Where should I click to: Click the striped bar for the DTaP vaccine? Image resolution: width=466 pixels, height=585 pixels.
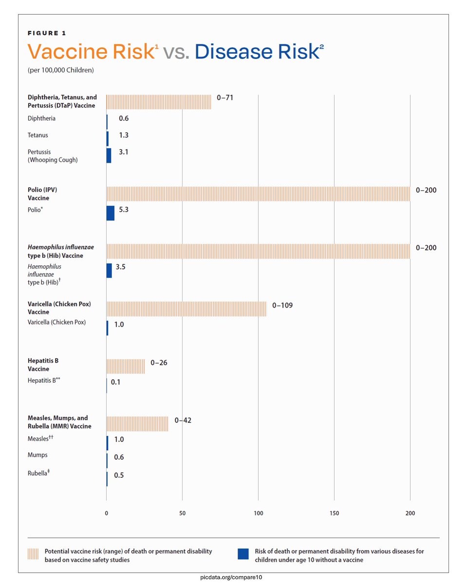[x=159, y=102]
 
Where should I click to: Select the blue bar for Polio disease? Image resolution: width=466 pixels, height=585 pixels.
[x=110, y=213]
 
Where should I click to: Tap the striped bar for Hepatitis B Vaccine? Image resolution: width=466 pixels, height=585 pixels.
[x=126, y=366]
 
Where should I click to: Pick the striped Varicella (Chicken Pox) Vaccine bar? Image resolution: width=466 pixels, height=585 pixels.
[x=186, y=309]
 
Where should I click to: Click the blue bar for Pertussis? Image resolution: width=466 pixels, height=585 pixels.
[x=109, y=156]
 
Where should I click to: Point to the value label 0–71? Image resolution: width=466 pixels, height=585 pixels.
[x=225, y=98]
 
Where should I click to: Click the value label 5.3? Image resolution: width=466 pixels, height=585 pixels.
[x=123, y=210]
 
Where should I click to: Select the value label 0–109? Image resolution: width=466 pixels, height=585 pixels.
[x=282, y=306]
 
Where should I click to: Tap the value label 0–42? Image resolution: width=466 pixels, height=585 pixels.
[x=183, y=420]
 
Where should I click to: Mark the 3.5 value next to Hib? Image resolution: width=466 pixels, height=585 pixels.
[x=120, y=267]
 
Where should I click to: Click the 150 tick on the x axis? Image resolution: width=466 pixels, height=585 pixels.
[x=334, y=513]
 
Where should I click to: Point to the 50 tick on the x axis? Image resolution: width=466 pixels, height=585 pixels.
[x=182, y=513]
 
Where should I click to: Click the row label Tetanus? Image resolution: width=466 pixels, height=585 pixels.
[x=37, y=135]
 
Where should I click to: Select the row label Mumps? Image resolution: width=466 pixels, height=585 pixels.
[x=37, y=455]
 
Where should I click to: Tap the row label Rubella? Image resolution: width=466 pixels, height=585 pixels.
[x=38, y=472]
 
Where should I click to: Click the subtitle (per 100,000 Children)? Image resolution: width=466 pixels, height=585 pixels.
[x=61, y=70]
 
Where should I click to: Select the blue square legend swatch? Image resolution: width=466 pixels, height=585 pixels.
[x=243, y=554]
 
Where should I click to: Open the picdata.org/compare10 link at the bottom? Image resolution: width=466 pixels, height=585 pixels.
[x=233, y=577]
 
